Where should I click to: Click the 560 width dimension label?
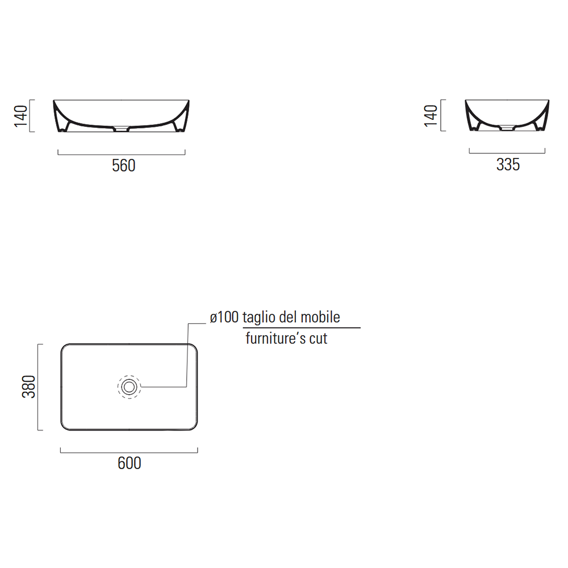click(123, 165)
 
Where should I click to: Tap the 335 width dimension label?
click(508, 165)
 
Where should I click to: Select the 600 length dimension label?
click(130, 463)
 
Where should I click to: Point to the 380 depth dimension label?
click(28, 387)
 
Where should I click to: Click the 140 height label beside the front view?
click(20, 116)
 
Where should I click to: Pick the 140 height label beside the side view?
click(431, 115)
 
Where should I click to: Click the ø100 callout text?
click(224, 317)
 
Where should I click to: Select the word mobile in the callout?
click(320, 317)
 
